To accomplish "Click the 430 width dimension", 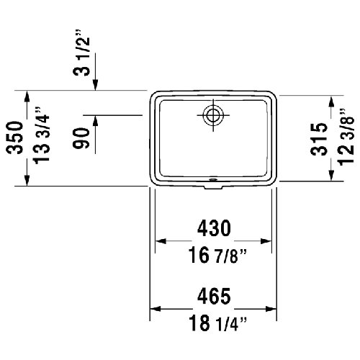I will (213, 229).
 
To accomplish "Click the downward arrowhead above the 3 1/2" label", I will (97, 84).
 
